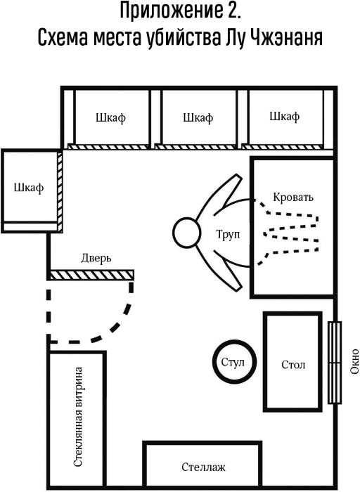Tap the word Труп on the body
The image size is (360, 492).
pyautogui.click(x=228, y=234)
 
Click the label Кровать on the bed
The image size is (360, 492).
pyautogui.click(x=293, y=197)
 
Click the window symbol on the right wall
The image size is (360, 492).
pyautogui.click(x=335, y=363)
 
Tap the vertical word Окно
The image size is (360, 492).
pyautogui.click(x=354, y=361)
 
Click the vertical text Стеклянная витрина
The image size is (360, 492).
pyautogui.click(x=78, y=417)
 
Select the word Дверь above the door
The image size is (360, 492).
pyautogui.click(x=96, y=259)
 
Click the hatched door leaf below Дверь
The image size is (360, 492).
pyautogui.click(x=92, y=275)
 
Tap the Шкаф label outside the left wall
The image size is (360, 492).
pyautogui.click(x=29, y=188)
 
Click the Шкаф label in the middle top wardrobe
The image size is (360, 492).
pyautogui.click(x=198, y=117)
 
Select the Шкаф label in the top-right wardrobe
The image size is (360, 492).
pyautogui.click(x=284, y=117)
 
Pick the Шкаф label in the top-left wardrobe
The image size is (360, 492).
pyautogui.click(x=110, y=118)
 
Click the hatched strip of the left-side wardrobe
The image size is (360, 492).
pyautogui.click(x=60, y=191)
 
